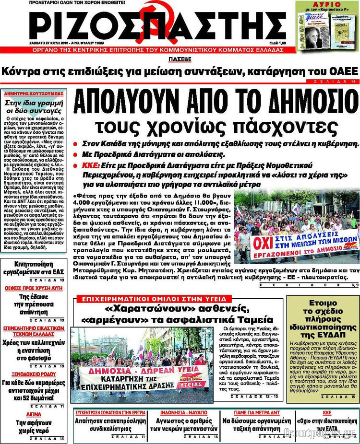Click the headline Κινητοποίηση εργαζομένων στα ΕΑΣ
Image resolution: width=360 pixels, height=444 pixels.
coord(33,268)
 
